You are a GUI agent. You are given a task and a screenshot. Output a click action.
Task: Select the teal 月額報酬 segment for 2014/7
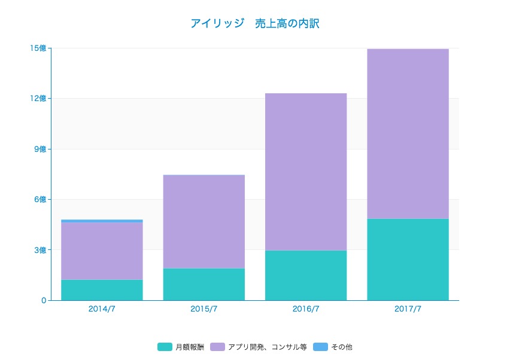(102, 290)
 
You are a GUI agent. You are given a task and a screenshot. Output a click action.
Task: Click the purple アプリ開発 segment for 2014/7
(102, 251)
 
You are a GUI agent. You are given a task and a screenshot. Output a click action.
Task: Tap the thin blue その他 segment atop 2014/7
(102, 221)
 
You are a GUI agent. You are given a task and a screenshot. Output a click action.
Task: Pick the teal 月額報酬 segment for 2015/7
(204, 284)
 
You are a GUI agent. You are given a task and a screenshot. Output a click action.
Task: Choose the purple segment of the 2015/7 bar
(204, 221)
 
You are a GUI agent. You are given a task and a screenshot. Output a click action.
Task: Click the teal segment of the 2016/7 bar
(306, 275)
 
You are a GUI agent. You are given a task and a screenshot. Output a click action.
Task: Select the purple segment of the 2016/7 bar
(306, 172)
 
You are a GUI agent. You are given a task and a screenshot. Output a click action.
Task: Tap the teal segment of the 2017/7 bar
(408, 260)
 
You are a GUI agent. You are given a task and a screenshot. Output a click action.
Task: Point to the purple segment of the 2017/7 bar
(408, 133)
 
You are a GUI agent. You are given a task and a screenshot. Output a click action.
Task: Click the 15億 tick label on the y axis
(38, 48)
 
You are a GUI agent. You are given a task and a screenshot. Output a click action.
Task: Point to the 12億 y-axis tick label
(38, 99)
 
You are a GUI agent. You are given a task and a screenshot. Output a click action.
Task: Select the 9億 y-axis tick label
(40, 149)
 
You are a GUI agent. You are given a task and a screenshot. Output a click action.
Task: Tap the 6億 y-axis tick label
(40, 200)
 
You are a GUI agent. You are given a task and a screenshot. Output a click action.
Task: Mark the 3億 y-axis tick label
(40, 250)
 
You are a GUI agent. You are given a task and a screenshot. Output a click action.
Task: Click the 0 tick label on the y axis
(44, 300)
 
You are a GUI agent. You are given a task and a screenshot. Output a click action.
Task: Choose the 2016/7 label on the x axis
(306, 309)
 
